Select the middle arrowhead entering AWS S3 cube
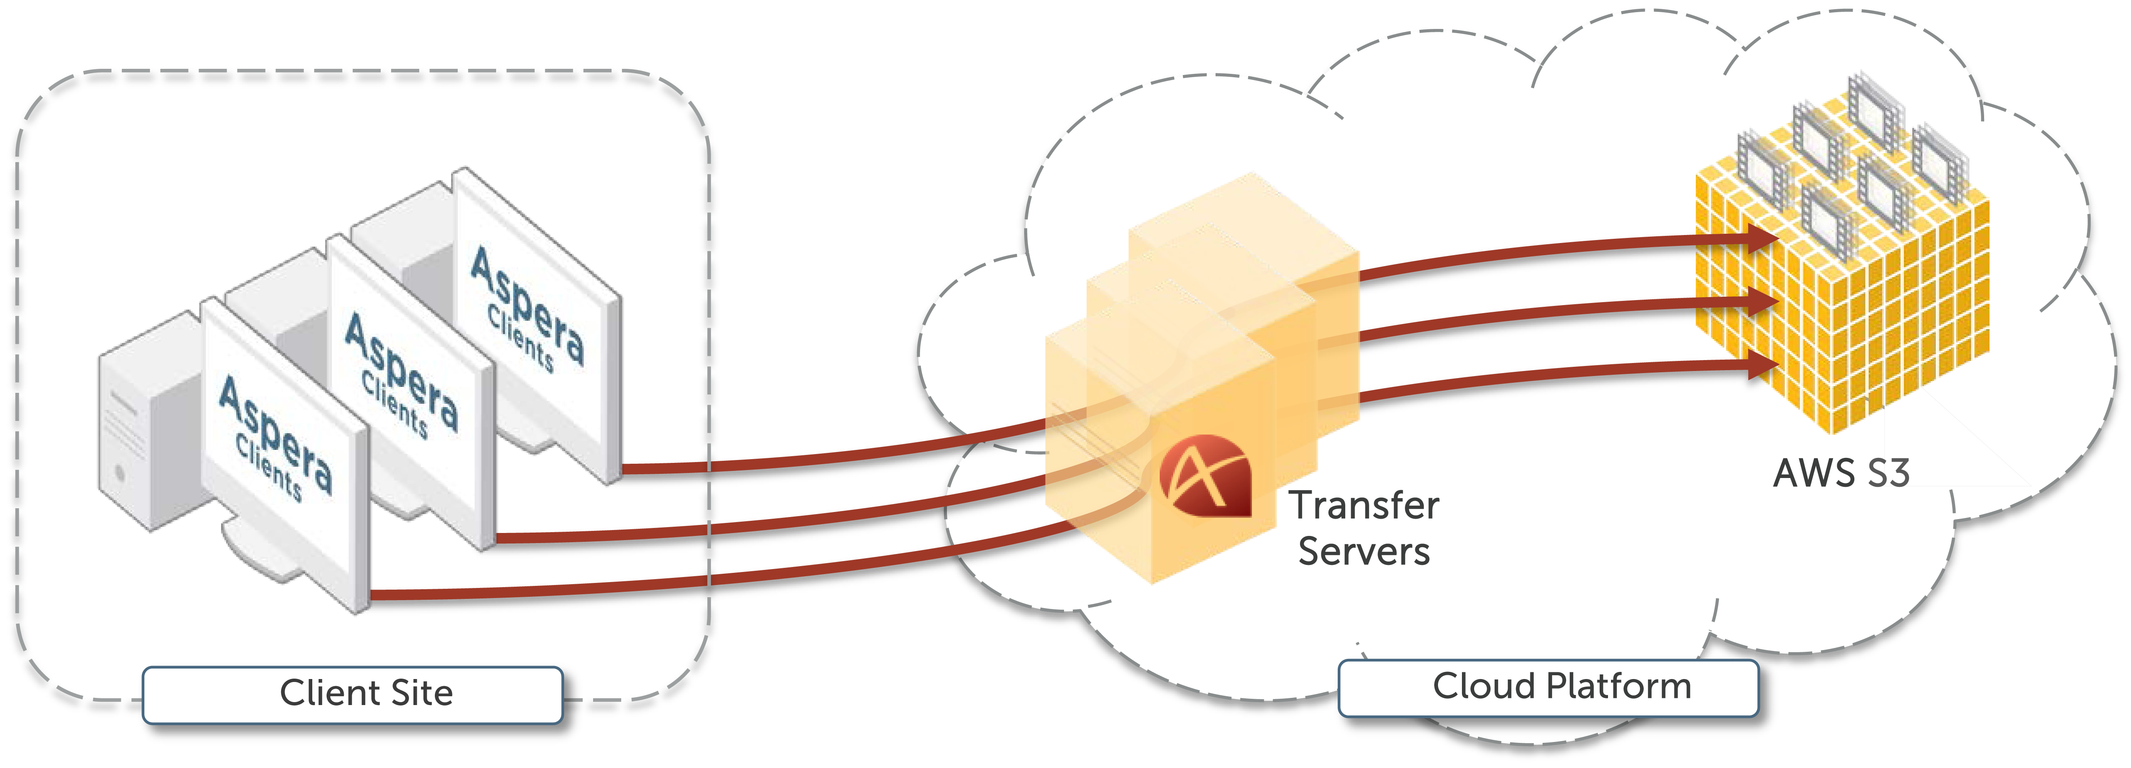click(1762, 301)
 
